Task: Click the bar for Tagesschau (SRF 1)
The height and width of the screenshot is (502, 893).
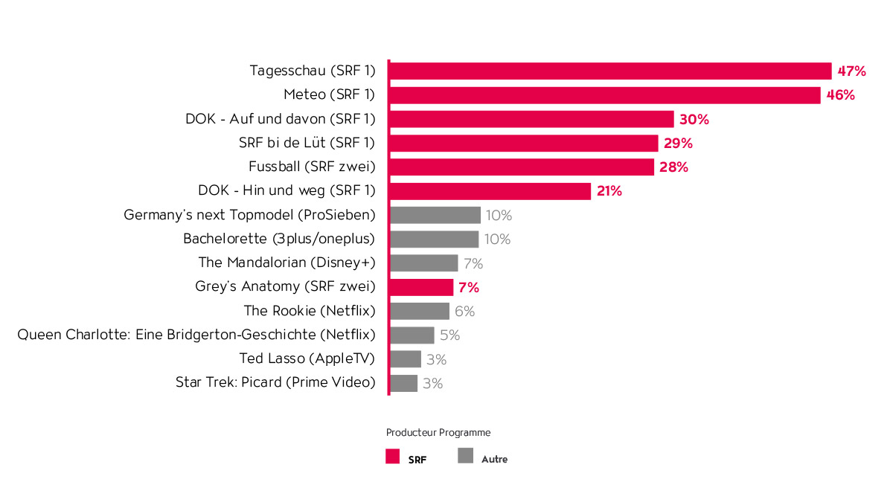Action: [610, 71]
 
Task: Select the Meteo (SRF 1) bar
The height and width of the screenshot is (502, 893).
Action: [604, 95]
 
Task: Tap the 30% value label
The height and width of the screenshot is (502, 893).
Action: [694, 120]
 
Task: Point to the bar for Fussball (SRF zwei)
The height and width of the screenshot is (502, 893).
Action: [522, 167]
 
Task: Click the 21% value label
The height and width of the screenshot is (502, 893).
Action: [608, 191]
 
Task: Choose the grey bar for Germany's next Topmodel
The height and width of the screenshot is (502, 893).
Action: [435, 216]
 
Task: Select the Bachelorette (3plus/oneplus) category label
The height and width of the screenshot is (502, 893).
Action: [279, 239]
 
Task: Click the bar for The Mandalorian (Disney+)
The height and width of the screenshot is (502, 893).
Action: [423, 263]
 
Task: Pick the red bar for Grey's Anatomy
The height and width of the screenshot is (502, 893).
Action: [421, 287]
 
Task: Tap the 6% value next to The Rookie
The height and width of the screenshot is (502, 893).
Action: [464, 312]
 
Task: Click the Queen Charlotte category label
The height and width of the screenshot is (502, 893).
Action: [196, 335]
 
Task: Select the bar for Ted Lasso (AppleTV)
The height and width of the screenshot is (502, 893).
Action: [406, 359]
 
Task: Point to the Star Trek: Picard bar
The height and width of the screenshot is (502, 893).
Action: [403, 383]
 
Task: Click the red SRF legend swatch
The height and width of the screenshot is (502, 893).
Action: [393, 457]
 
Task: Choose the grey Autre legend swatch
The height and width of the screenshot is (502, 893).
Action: [466, 457]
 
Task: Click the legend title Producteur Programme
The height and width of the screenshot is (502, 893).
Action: [438, 433]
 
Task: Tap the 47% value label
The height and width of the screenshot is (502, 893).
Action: [851, 71]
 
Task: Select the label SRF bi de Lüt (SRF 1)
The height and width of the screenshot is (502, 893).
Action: [307, 144]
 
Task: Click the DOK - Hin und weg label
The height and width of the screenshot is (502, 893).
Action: [287, 191]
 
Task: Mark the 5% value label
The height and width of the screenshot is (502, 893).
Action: [449, 335]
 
